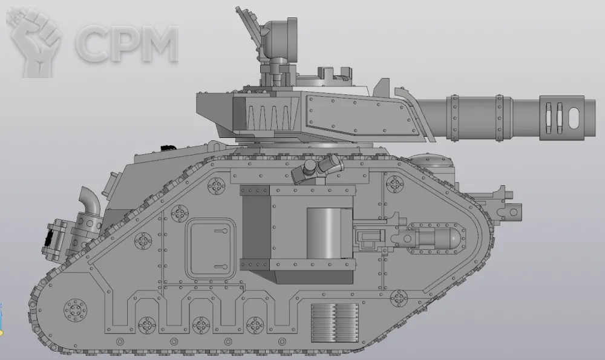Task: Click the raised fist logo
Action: (34, 42)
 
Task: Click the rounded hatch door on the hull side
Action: (211, 249)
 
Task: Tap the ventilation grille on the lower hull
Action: (335, 323)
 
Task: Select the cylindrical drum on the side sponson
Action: (329, 234)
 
